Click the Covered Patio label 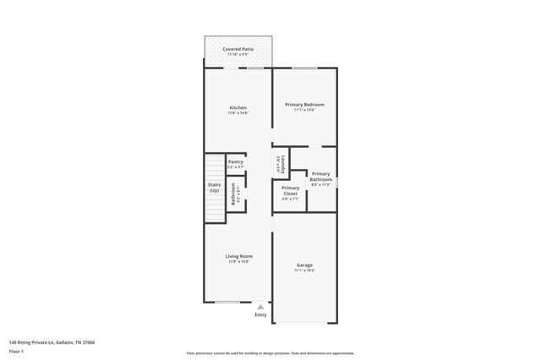238,50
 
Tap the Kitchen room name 238,107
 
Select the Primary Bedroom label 304,104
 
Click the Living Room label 238,256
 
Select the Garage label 304,265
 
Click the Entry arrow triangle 260,308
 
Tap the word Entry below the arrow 260,315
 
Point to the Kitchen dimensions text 238,113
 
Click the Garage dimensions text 304,271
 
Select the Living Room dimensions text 238,262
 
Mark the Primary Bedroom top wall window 304,68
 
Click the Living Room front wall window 227,302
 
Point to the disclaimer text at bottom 270,353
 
